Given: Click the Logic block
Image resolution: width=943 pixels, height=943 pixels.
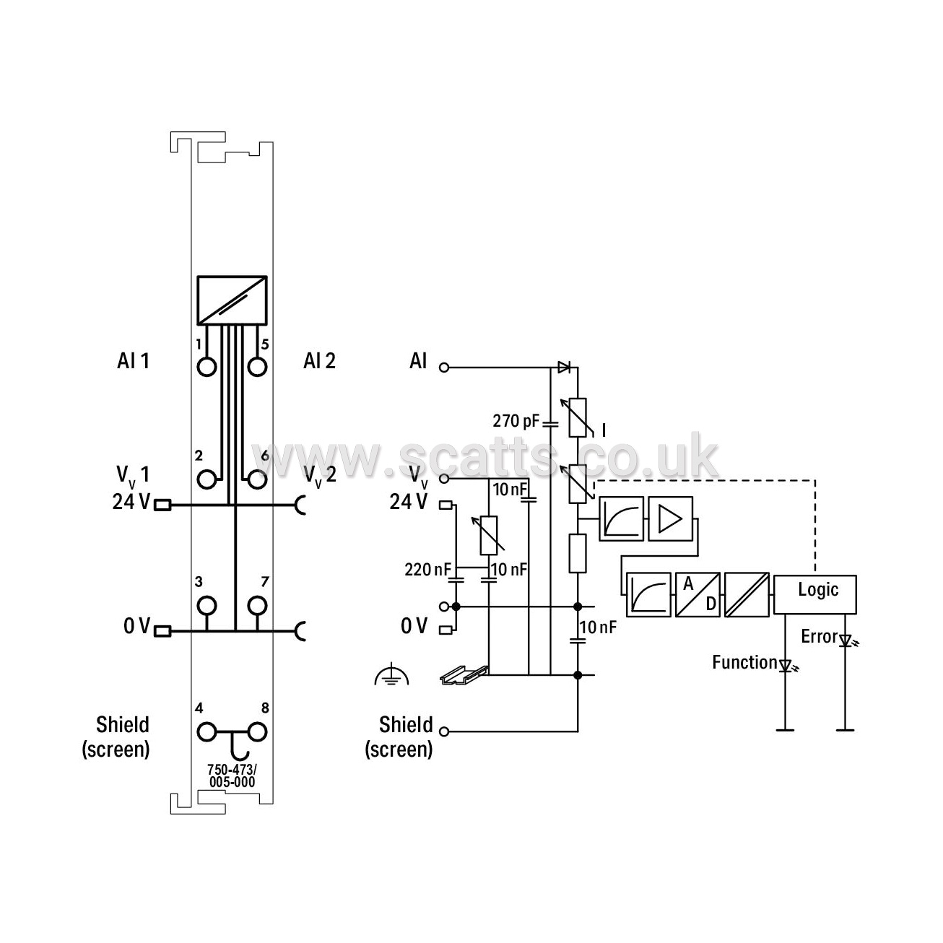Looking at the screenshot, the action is click(x=814, y=594).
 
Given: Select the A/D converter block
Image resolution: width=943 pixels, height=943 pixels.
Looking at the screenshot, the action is click(x=698, y=594).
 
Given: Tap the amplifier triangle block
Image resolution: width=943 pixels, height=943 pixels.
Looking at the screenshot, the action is click(x=671, y=518).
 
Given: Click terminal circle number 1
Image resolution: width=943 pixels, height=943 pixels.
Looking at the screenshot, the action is click(x=207, y=367).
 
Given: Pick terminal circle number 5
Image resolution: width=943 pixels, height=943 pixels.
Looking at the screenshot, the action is click(x=257, y=367).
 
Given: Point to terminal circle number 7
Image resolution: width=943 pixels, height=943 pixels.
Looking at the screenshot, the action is click(x=257, y=606).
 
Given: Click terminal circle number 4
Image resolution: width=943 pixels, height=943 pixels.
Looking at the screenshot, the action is click(x=207, y=732).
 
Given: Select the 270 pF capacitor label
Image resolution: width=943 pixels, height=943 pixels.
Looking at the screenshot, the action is click(x=516, y=421).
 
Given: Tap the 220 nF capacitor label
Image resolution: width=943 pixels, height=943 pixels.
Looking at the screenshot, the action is click(x=427, y=569).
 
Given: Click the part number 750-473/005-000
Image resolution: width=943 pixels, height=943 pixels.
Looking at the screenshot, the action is click(x=232, y=775).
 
